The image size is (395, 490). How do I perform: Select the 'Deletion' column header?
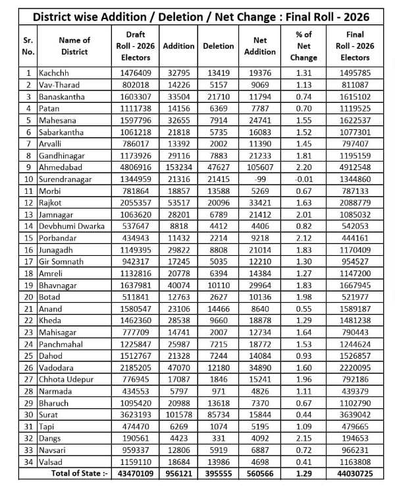[x=218, y=46]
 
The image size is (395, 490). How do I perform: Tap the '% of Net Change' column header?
[x=303, y=46]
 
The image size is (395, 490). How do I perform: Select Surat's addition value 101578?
[x=178, y=413]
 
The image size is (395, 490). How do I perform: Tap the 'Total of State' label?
[x=77, y=473]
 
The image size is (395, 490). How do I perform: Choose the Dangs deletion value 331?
[x=218, y=437]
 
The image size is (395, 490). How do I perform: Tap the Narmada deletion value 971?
[x=218, y=390]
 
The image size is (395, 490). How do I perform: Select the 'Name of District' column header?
[x=74, y=46]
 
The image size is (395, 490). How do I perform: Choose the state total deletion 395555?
[x=218, y=473]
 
